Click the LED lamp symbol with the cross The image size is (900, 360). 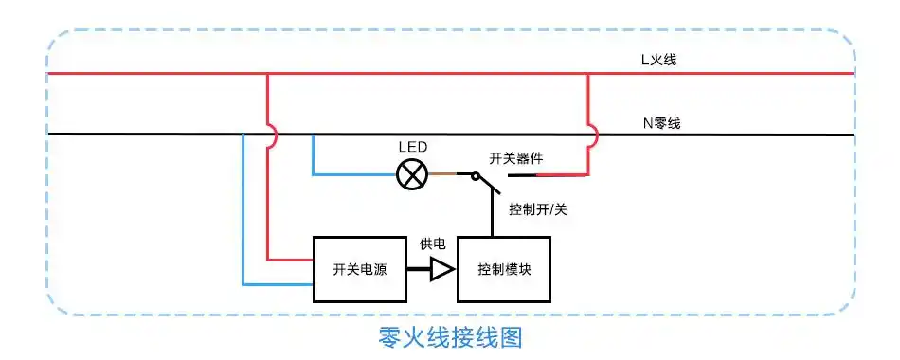(x=412, y=174)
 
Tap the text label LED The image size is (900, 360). (x=412, y=147)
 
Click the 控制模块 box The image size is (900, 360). (x=504, y=269)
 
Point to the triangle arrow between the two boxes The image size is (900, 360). (x=441, y=270)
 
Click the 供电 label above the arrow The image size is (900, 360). (x=433, y=244)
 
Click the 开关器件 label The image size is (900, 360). (x=516, y=157)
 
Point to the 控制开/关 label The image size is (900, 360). (x=538, y=209)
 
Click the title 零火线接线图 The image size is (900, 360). (x=450, y=336)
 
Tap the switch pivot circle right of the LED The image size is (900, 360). (x=475, y=175)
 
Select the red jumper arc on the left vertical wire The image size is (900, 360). (x=274, y=137)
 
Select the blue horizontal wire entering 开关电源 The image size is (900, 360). (x=279, y=283)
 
